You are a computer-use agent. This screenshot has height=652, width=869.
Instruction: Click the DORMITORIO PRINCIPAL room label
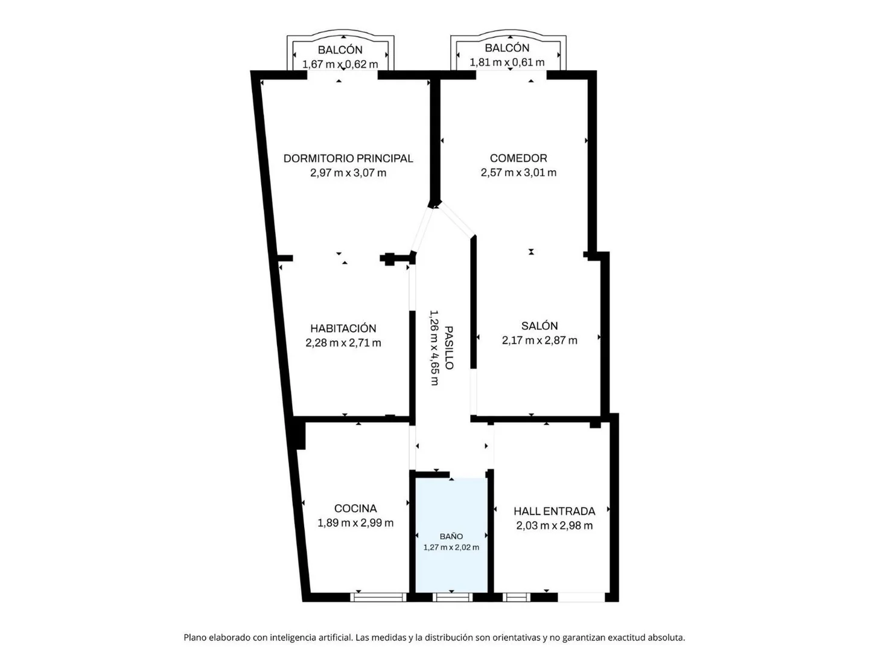348,158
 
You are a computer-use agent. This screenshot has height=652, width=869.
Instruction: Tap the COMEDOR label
518,158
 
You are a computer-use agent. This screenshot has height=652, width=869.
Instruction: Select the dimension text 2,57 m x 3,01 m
518,173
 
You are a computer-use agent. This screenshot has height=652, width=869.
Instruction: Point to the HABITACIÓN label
343,328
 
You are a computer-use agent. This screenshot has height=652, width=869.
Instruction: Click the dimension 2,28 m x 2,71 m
343,342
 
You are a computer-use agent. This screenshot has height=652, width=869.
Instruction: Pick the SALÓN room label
540,326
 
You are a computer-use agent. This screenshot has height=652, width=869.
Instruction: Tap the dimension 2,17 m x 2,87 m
540,340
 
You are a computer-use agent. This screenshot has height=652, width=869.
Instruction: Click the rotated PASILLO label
449,348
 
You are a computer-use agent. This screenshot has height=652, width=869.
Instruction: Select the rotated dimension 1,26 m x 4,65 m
434,348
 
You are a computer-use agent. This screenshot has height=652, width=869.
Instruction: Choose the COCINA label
355,508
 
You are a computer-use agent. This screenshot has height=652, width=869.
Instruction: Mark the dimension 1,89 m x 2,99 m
355,523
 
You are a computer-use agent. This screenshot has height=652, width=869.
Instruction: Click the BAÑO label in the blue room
451,537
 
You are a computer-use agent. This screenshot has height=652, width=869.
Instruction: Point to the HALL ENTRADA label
554,511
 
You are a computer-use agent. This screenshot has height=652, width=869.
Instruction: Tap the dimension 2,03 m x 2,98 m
554,526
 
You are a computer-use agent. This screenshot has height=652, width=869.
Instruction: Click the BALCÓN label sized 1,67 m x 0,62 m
340,50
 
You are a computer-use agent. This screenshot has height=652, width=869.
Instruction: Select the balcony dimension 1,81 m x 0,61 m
507,62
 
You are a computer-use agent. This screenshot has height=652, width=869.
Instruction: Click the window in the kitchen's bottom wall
379,597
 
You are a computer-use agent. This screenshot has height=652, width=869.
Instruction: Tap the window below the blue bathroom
452,597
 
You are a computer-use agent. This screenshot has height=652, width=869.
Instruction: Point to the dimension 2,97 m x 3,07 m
348,173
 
